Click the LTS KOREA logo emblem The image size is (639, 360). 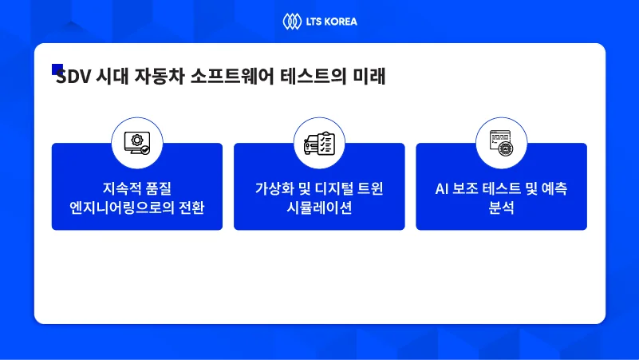click(x=290, y=21)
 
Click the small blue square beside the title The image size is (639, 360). click(x=57, y=69)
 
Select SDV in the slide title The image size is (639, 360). click(x=73, y=78)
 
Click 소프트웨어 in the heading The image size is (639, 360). click(x=232, y=78)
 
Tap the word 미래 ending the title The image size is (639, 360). click(x=369, y=78)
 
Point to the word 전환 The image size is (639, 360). click(x=191, y=208)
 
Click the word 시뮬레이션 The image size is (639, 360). click(x=319, y=208)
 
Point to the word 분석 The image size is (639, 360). click(x=501, y=208)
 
